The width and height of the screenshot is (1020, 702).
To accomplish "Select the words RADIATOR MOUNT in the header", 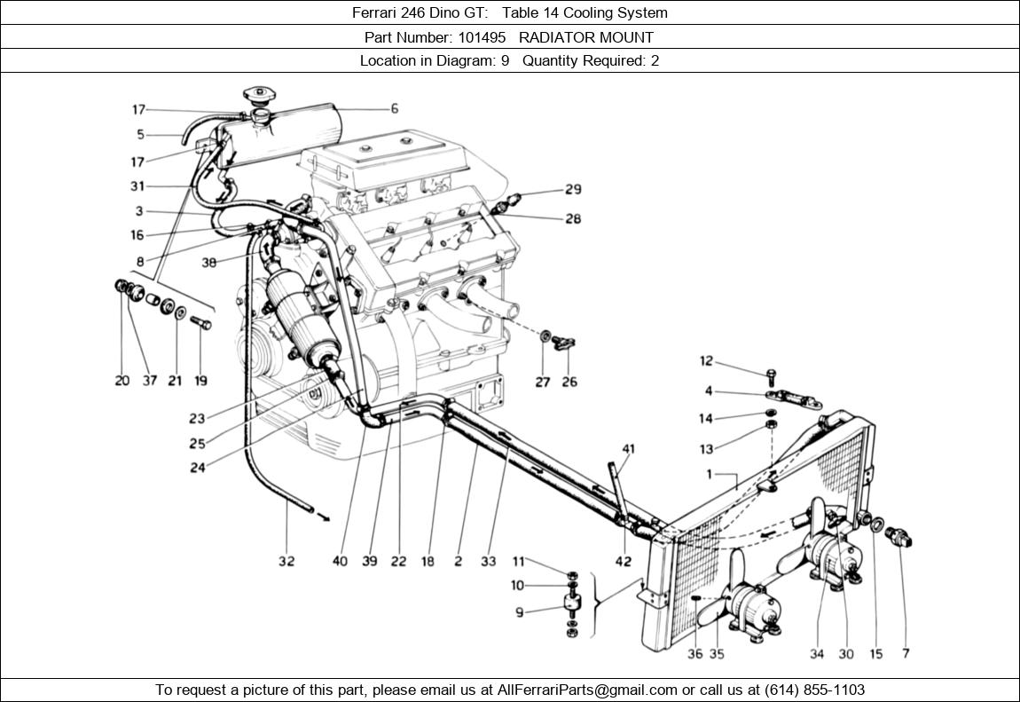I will tap(586, 37).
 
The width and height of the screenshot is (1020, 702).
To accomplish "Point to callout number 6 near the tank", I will tap(394, 108).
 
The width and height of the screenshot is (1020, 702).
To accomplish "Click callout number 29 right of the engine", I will tap(573, 189).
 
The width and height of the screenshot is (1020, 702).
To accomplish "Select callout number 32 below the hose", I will tap(286, 561).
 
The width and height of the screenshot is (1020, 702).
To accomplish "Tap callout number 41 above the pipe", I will tap(628, 449).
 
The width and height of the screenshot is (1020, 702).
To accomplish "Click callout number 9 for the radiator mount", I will tap(519, 612).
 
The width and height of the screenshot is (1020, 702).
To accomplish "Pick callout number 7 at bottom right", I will tap(906, 654).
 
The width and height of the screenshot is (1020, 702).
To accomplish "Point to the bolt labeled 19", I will tap(201, 323).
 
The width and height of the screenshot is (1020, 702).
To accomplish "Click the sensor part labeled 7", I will tap(905, 536).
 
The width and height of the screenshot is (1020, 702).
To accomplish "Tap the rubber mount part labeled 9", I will tap(572, 611).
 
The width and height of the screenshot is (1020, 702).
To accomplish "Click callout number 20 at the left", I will tap(122, 381).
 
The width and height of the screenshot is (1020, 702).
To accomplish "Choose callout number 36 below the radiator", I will tap(694, 654).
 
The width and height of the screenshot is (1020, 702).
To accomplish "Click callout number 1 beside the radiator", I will tap(709, 475).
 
